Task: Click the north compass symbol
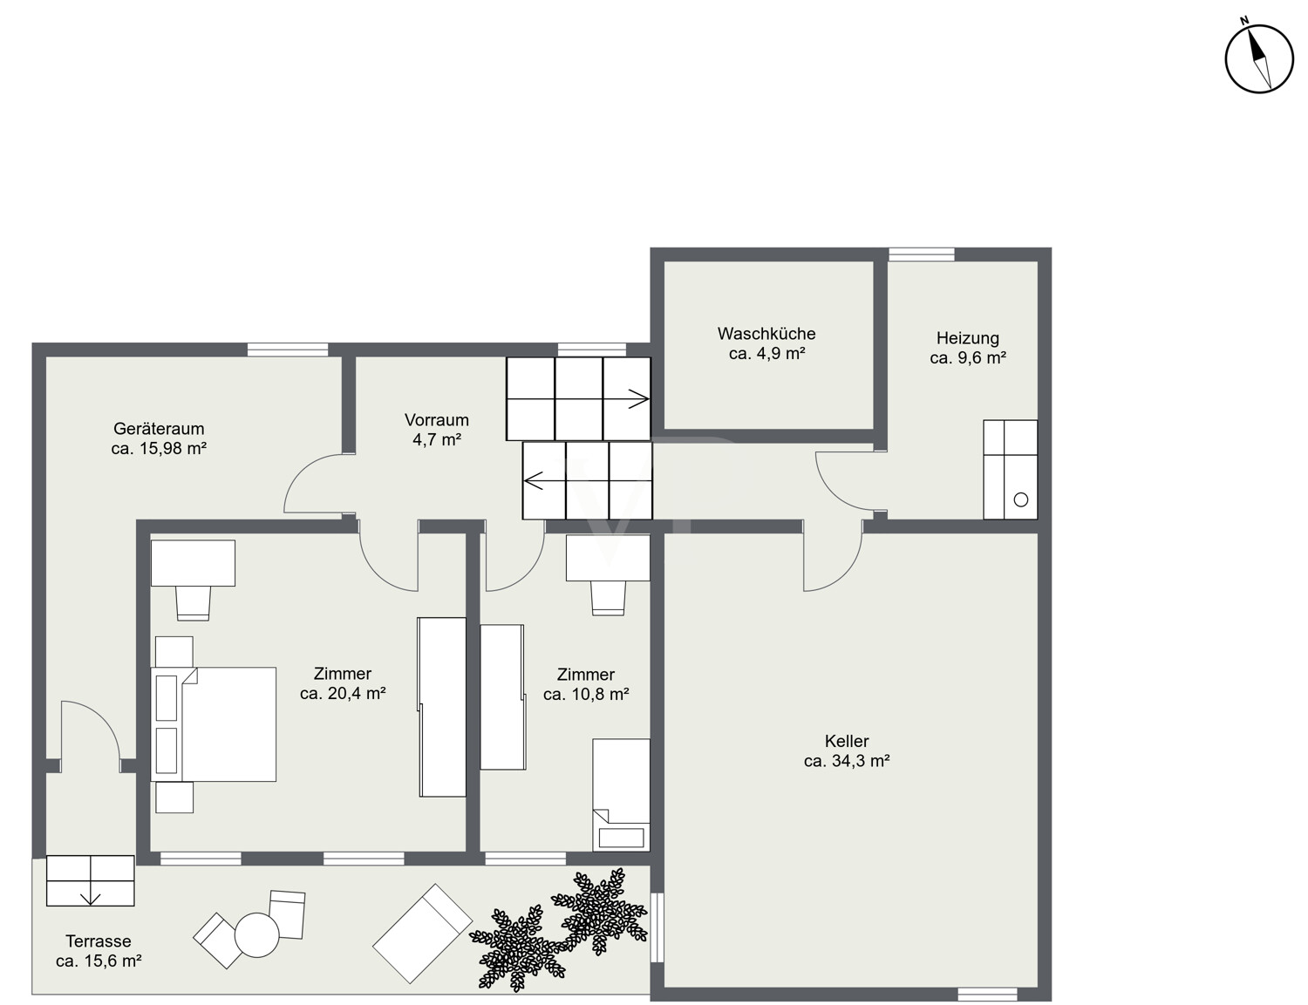click(1259, 58)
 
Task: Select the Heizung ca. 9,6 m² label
click(967, 348)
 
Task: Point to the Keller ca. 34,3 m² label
click(847, 750)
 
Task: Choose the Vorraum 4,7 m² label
click(436, 430)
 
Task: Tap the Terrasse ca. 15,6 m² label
click(99, 951)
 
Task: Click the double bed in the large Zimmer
click(214, 724)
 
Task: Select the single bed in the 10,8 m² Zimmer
click(621, 794)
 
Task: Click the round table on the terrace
click(257, 934)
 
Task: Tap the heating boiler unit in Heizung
click(1010, 469)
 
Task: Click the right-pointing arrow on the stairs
click(638, 398)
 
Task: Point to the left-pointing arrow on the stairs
click(534, 480)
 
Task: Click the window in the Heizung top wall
click(922, 254)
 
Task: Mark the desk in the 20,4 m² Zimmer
click(193, 563)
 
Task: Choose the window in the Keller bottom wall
click(987, 994)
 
